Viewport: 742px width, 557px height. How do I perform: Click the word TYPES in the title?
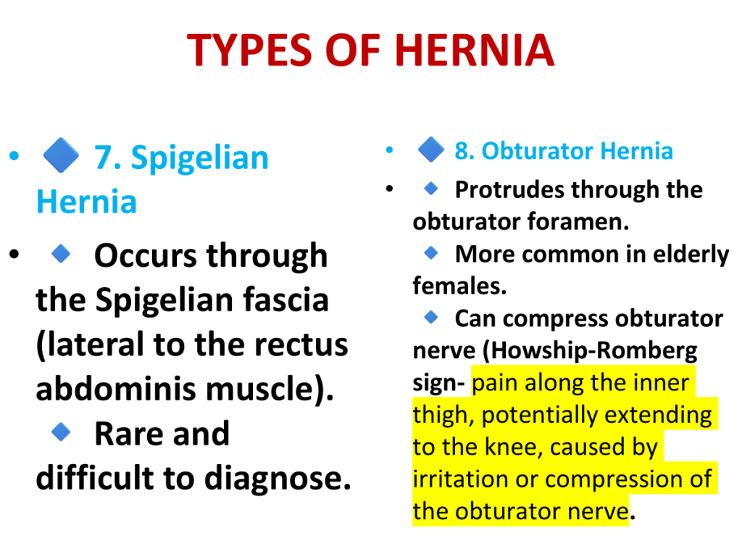click(250, 50)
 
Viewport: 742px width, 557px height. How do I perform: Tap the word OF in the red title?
click(353, 50)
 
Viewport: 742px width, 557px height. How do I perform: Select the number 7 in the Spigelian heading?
click(104, 157)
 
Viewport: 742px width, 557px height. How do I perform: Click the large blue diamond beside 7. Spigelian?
click(61, 155)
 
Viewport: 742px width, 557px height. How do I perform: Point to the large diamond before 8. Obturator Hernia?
click(431, 149)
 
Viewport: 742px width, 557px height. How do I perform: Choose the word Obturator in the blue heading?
click(537, 151)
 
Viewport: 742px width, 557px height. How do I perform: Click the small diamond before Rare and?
click(61, 432)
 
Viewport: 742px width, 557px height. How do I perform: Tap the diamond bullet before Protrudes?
click(431, 189)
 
